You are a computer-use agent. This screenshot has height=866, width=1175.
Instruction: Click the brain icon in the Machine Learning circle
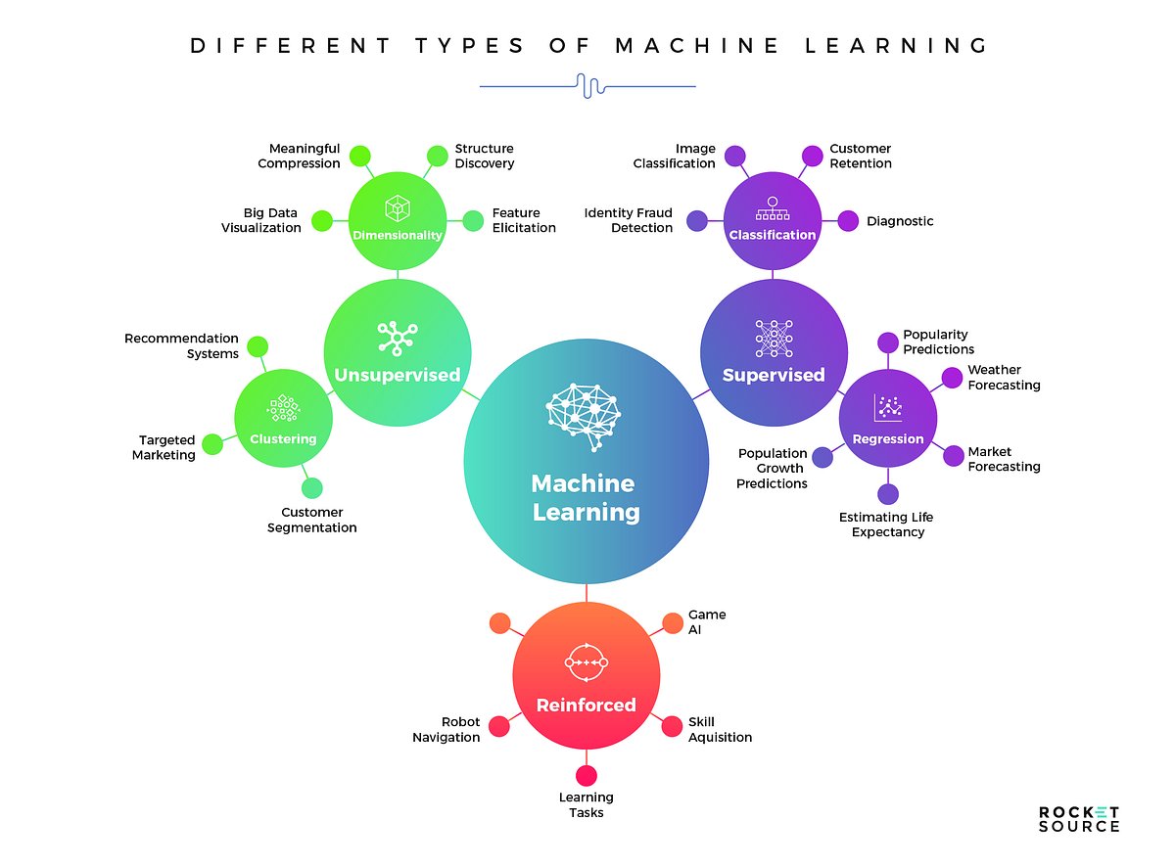coord(586,416)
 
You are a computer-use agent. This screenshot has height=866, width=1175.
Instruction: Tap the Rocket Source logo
coord(1078,819)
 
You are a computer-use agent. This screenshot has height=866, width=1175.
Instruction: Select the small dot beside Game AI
coord(673,623)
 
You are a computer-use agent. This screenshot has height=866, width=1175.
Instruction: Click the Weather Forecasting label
coord(1004,378)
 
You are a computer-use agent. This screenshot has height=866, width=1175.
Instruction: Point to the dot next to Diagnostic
coord(848,221)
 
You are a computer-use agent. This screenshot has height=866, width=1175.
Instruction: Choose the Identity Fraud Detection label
coord(629,220)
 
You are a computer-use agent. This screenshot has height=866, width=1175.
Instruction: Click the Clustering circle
coord(284,418)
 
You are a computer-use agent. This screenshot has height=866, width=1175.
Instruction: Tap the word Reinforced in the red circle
coord(586,705)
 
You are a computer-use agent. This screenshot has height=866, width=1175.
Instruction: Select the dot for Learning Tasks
coord(587,776)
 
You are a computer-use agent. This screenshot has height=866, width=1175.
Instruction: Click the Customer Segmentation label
coord(318,520)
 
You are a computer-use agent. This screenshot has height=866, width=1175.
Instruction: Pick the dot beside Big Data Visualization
coord(321,220)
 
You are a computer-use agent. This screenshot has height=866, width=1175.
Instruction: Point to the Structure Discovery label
coord(484,157)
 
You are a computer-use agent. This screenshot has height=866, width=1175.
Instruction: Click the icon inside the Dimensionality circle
coord(397,206)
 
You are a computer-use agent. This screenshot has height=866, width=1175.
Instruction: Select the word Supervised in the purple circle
coord(774,375)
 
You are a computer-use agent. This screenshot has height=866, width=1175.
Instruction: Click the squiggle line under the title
coord(587,86)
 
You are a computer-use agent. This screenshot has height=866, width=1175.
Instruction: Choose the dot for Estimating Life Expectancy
coord(887,494)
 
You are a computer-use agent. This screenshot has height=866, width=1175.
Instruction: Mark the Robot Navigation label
coord(446,730)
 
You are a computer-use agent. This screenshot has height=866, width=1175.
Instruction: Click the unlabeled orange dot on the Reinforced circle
coord(499,623)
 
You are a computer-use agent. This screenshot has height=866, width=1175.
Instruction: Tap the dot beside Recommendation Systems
coord(258,346)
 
